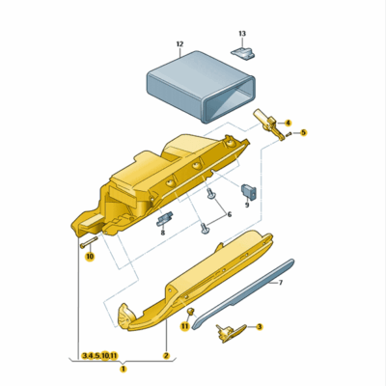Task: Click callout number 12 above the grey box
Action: (x=179, y=44)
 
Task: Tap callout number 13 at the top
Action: (x=242, y=33)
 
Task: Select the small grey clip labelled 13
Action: (x=242, y=50)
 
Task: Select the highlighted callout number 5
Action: (x=302, y=132)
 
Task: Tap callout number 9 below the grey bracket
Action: (x=246, y=205)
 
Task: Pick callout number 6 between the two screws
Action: (x=229, y=213)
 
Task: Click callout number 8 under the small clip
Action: (x=162, y=233)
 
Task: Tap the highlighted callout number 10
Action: (x=89, y=257)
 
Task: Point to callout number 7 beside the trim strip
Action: (x=280, y=283)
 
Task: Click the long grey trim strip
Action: (x=241, y=294)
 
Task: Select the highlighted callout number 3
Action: (x=260, y=327)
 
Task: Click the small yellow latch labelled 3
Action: (x=228, y=331)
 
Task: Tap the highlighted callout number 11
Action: (x=185, y=327)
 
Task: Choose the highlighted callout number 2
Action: (x=166, y=356)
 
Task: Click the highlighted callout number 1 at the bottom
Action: (x=123, y=368)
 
